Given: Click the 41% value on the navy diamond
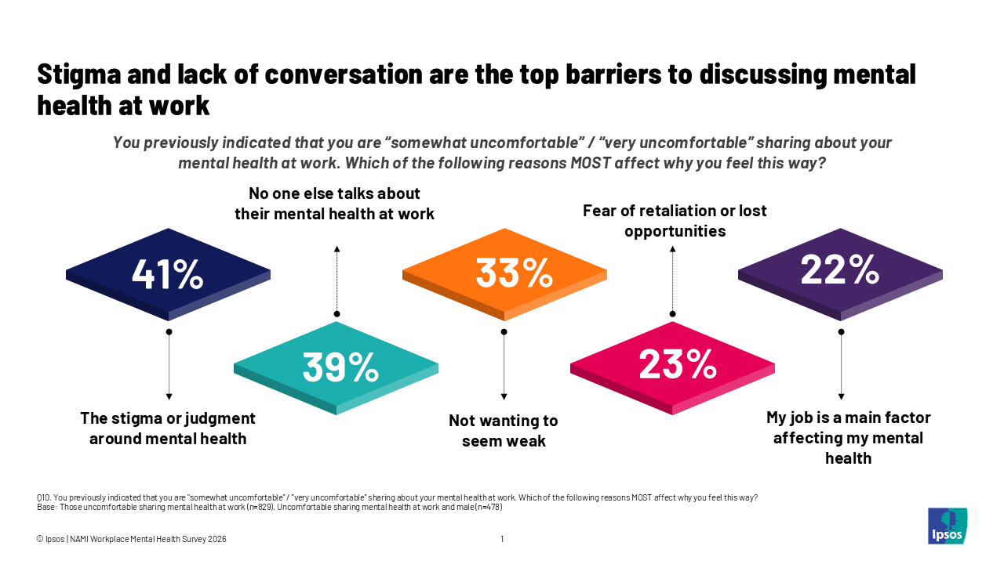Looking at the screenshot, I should tap(168, 273).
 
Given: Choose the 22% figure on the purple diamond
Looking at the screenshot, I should tap(839, 270).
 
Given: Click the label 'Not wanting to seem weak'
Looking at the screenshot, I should tap(504, 431).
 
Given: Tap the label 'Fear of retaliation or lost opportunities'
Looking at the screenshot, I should tap(675, 221).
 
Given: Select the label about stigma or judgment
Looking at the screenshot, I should tap(168, 428).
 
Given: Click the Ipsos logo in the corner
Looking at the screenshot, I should tap(947, 526).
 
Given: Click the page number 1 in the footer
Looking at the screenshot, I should tap(502, 539).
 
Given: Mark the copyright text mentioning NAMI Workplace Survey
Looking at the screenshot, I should tap(132, 539).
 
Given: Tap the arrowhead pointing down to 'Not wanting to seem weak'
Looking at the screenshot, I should tap(504, 397).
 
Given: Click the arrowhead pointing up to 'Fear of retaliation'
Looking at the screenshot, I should tap(672, 250).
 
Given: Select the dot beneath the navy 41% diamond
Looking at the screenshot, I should tap(169, 332).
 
